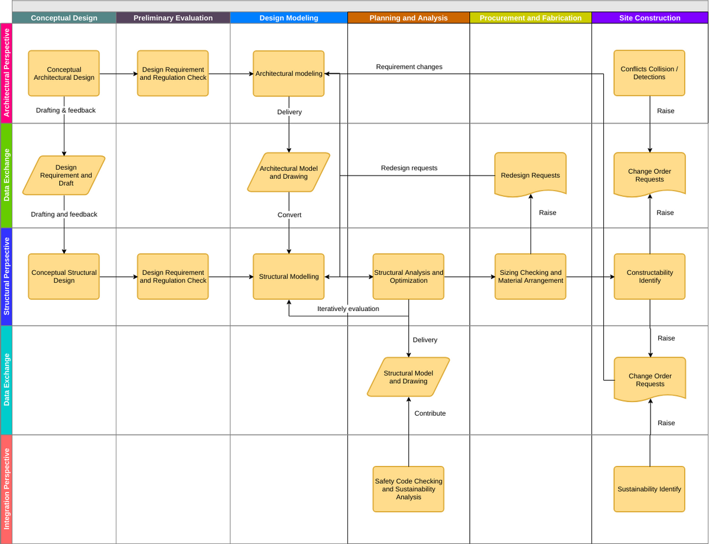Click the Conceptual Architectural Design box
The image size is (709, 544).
pos(64,73)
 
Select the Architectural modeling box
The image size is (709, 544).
pos(288,73)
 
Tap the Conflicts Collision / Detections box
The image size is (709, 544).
pos(649,73)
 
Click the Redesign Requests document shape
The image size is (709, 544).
pos(530,174)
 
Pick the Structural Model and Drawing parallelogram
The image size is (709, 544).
pos(408,377)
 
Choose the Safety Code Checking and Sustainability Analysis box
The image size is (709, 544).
pos(408,489)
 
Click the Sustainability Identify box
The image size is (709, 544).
pos(649,489)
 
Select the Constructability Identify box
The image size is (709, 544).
pos(649,276)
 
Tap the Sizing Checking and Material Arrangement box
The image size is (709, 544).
pos(530,276)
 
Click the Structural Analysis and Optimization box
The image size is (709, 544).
pos(408,276)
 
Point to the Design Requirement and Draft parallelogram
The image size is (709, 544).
pos(64,175)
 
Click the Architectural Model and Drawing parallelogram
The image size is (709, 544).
pos(288,172)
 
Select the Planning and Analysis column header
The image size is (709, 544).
pos(408,18)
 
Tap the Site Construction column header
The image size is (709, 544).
pos(649,18)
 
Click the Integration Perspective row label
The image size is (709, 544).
pos(6,488)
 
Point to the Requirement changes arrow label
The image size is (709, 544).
pos(409,67)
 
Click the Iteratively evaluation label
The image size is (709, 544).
pos(348,309)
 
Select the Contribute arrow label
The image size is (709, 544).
pos(430,413)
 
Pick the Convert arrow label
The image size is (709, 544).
pos(289,215)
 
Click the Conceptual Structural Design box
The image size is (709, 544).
pos(64,276)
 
